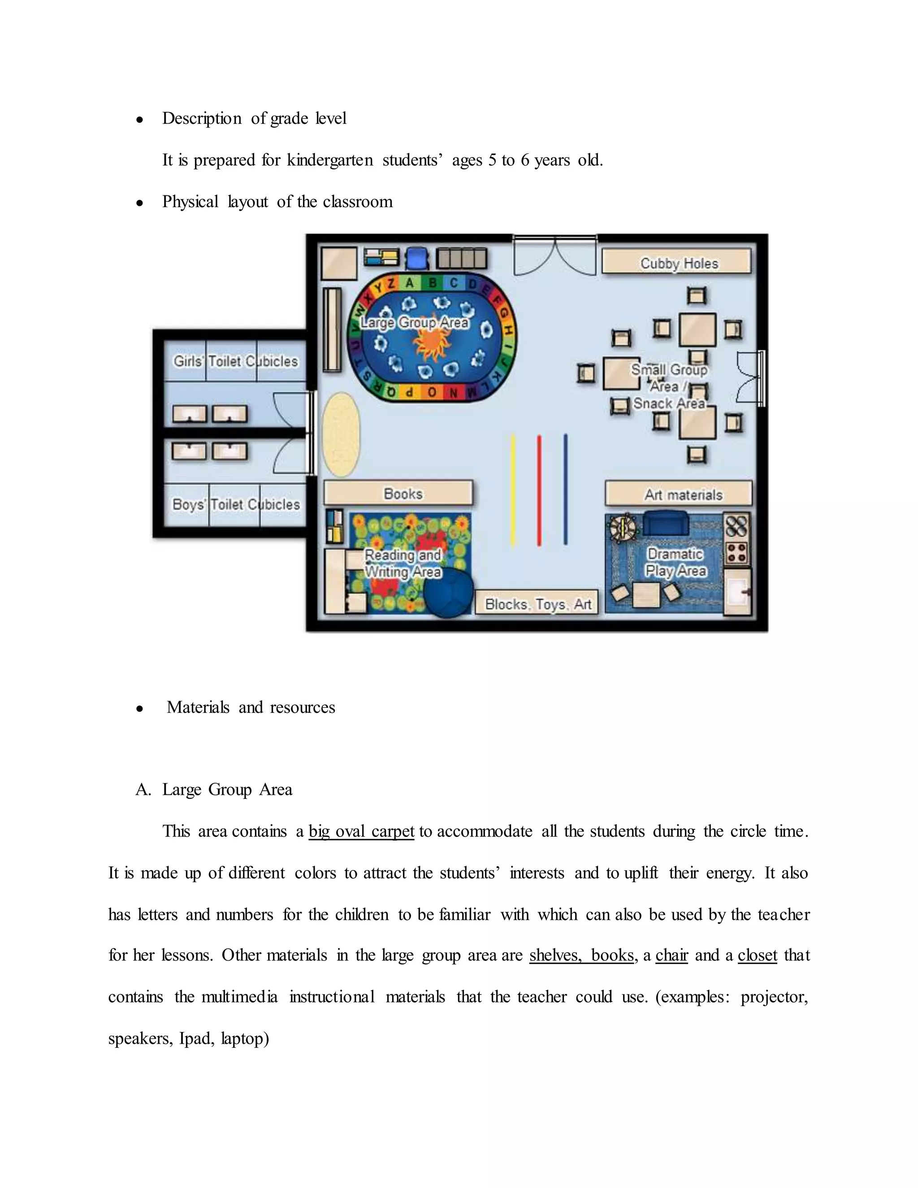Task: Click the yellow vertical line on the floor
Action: click(x=513, y=489)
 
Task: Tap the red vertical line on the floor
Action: click(x=539, y=489)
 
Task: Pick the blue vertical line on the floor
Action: click(x=566, y=489)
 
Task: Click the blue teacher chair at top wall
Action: click(x=417, y=258)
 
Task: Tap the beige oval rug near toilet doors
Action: click(x=341, y=434)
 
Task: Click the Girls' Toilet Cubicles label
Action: click(x=235, y=361)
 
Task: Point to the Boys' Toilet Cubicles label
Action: click(x=235, y=504)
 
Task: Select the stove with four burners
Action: click(x=737, y=553)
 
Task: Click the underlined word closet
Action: click(x=757, y=955)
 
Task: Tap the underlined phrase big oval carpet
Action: click(x=361, y=832)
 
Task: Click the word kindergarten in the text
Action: click(x=329, y=160)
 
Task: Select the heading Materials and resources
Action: click(x=251, y=707)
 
